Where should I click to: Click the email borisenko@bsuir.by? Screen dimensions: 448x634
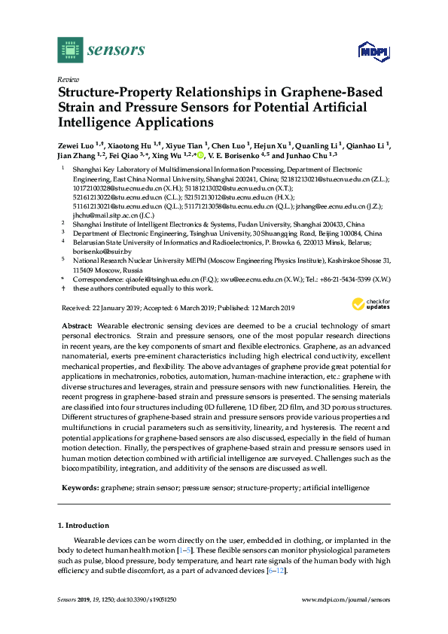(102, 252)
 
